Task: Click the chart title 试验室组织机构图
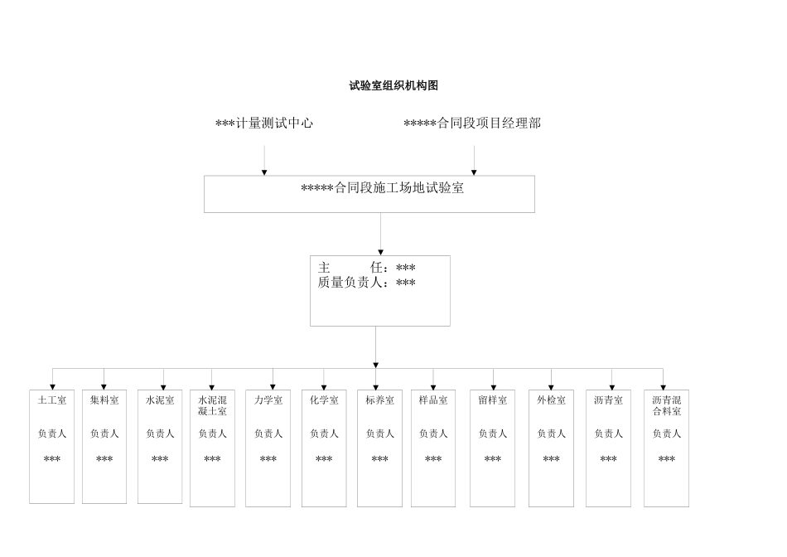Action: click(393, 85)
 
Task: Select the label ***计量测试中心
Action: click(264, 124)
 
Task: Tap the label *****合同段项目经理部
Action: click(472, 124)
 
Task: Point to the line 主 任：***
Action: click(367, 268)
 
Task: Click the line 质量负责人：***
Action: click(367, 283)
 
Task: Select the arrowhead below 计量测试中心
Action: click(264, 172)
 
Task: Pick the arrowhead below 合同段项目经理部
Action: click(474, 172)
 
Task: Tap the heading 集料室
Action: click(104, 400)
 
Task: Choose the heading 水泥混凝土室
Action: click(212, 405)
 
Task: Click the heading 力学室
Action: click(268, 400)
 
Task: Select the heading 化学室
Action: click(324, 400)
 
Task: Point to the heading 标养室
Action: click(379, 400)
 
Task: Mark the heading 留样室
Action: click(493, 400)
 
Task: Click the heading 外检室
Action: click(551, 400)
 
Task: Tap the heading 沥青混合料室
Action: click(666, 405)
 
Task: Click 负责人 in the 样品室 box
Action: click(433, 433)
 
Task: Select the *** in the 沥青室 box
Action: click(608, 459)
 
